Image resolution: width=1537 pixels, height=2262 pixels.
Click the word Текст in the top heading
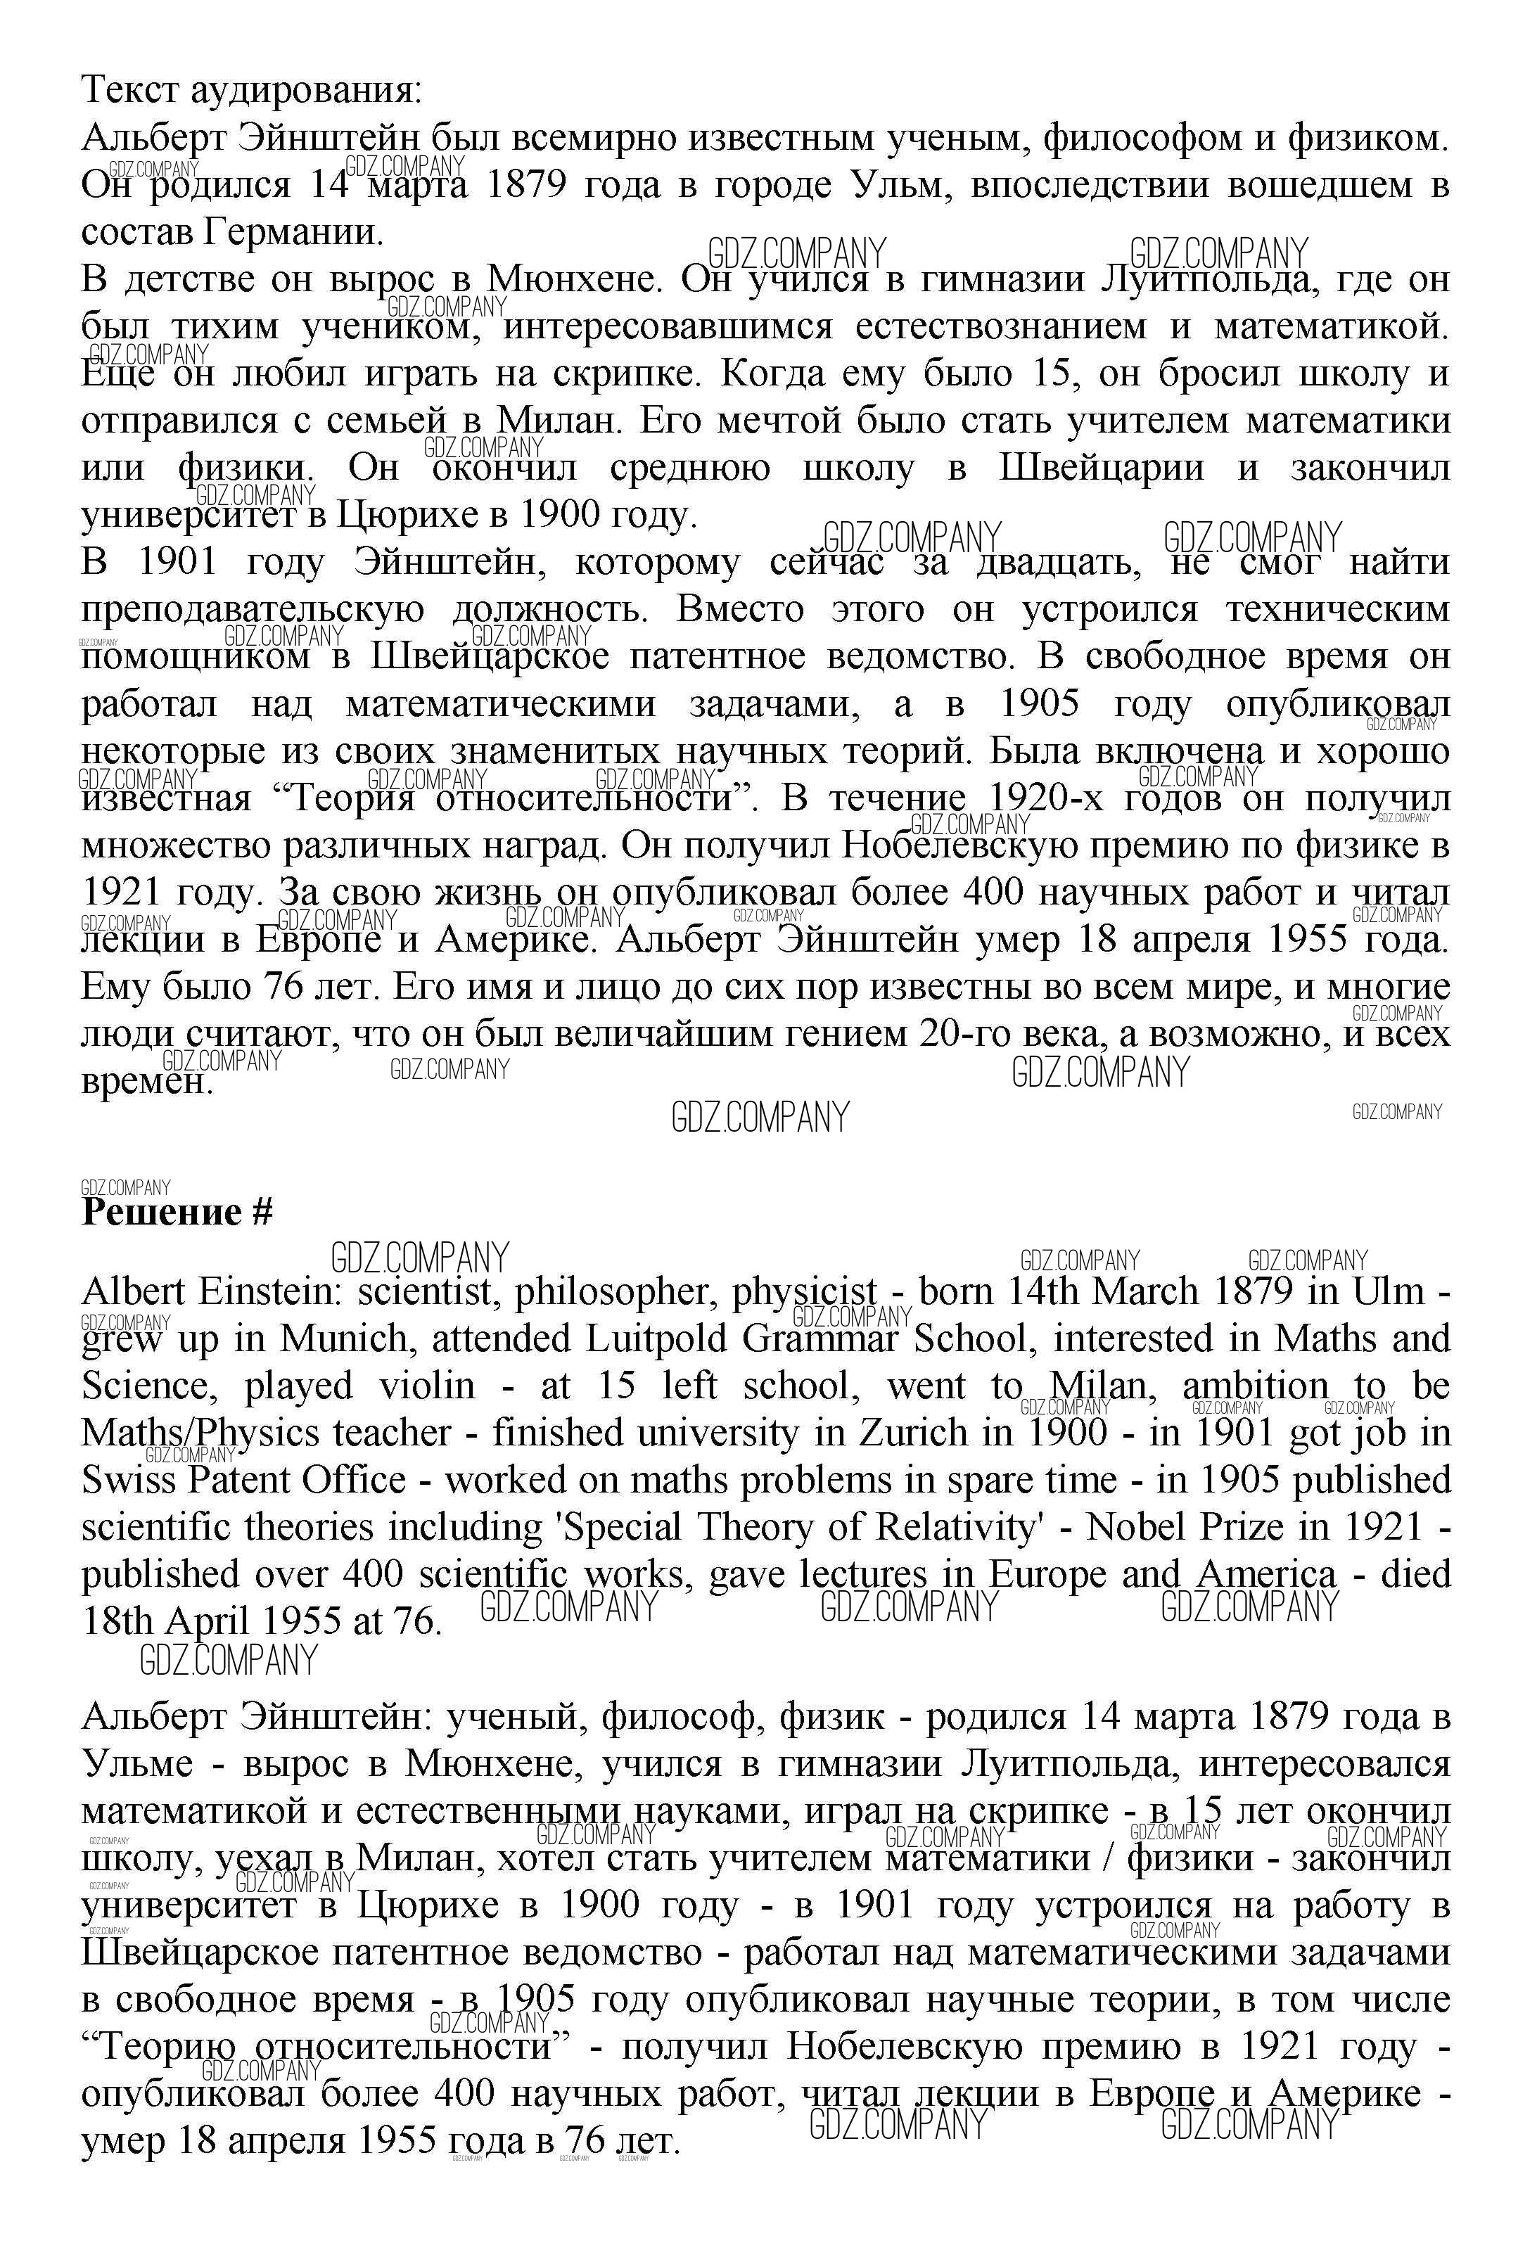(127, 91)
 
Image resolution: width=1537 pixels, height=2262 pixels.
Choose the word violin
(429, 1386)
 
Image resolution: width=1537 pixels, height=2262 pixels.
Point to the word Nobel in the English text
(1135, 1527)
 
